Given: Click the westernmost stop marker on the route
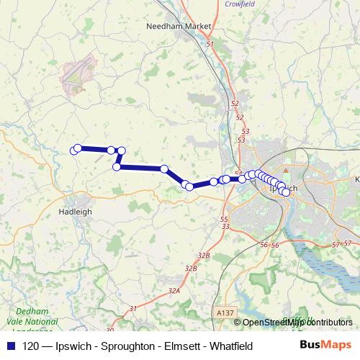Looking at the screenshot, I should tap(73, 150).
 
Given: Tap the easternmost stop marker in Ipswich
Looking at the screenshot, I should tap(286, 192).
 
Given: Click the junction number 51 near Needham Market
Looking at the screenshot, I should tap(210, 45).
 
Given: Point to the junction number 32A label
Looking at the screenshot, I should tap(174, 290).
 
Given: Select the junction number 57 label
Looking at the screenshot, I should tap(336, 245).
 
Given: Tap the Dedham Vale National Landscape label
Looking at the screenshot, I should tap(30, 321).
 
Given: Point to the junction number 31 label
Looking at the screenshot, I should tap(132, 308).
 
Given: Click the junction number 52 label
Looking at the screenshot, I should tap(235, 103).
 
